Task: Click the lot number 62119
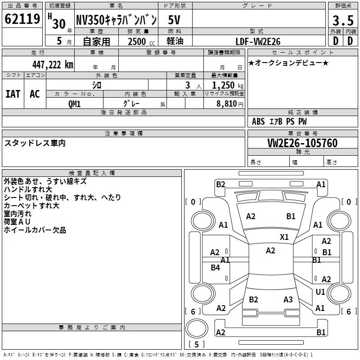point(22,19)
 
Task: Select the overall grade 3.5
point(343,20)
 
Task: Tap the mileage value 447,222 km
point(53,65)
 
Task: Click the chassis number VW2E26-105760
point(302,143)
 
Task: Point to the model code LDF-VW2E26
point(258,41)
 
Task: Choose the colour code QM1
point(74,104)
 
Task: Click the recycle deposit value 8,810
point(226,103)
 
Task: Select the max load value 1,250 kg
point(228,85)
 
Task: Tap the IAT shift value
point(13,94)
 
